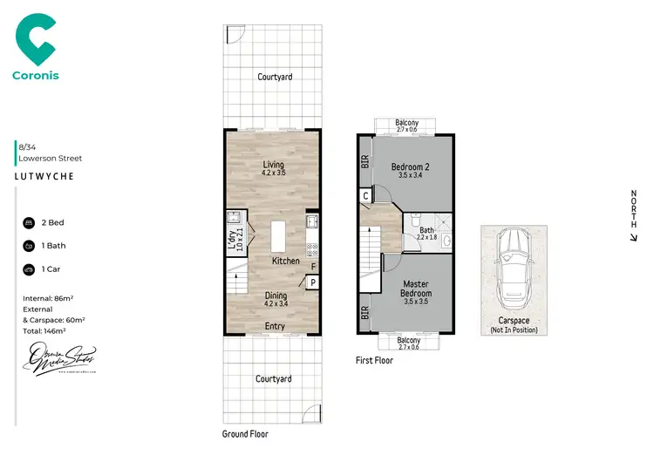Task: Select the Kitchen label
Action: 285,261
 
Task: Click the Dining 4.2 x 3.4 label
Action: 276,300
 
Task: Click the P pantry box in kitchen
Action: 311,282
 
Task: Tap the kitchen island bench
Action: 278,236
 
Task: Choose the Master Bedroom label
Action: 416,289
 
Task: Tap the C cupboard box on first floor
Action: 365,197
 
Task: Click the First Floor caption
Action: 374,360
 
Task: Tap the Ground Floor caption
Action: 246,433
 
